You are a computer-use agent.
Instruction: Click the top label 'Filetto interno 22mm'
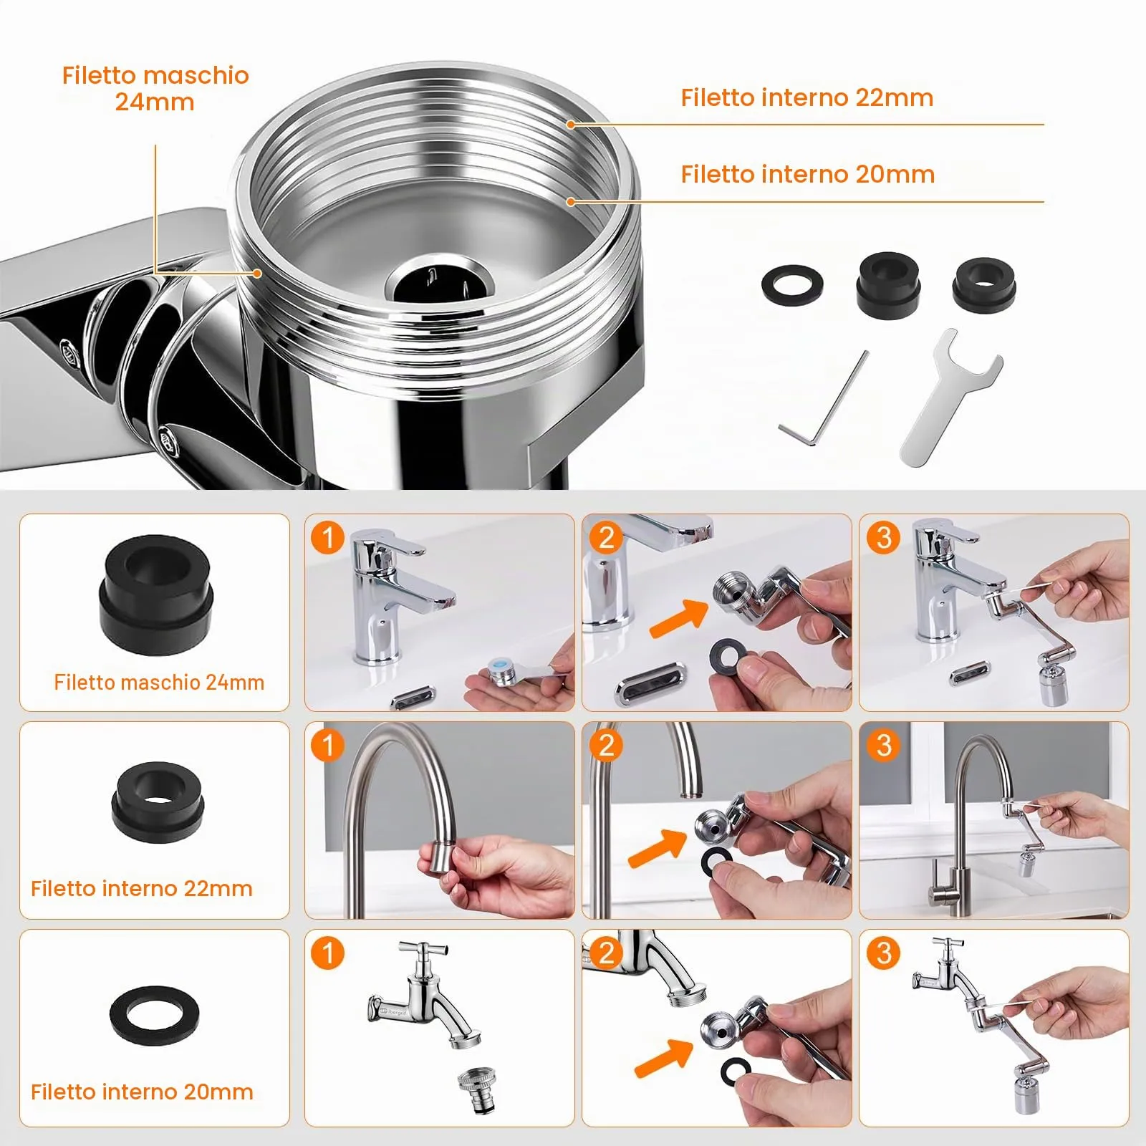807,97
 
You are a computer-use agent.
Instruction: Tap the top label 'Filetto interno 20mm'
808,174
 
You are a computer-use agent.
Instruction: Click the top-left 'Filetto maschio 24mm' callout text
155,88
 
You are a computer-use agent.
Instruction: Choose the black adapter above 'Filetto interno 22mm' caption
158,801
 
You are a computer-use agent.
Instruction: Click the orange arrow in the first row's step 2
678,617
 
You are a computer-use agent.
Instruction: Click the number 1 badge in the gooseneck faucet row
328,745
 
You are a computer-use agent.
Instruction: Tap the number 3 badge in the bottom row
883,953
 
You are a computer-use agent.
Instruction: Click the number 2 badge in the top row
606,537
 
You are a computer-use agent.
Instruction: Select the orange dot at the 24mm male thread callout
257,273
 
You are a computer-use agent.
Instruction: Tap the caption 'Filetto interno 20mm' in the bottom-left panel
142,1092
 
